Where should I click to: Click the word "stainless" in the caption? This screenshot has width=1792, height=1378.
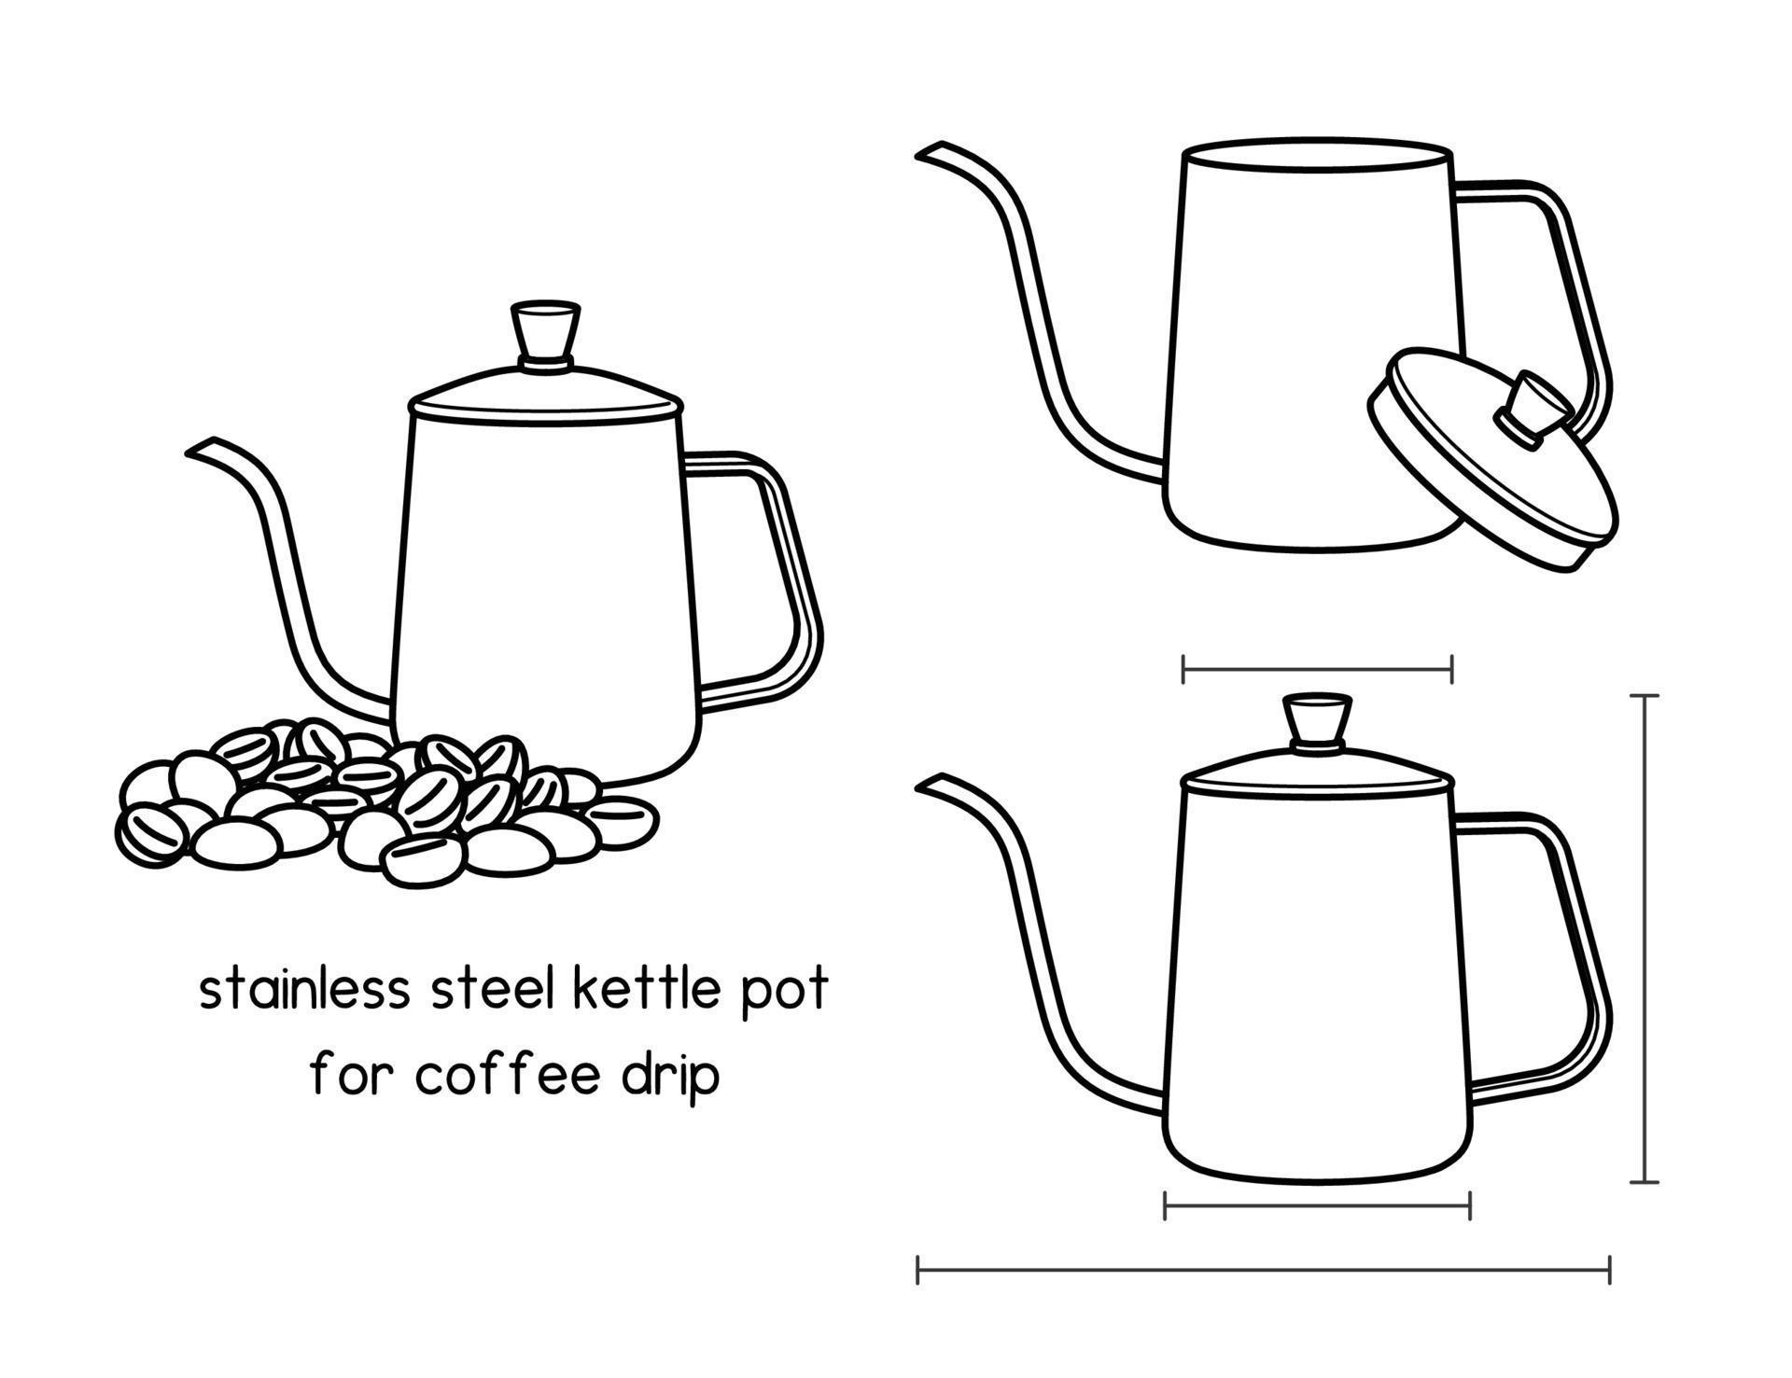coord(304,990)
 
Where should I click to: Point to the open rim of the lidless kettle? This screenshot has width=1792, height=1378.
coord(1317,159)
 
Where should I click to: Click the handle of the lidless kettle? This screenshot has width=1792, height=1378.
coord(1577,280)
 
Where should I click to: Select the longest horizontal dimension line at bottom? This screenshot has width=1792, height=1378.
coord(1263,1270)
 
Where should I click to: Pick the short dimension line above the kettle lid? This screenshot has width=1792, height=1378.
coord(1317,669)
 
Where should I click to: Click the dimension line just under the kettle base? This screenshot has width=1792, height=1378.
coord(1317,1205)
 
